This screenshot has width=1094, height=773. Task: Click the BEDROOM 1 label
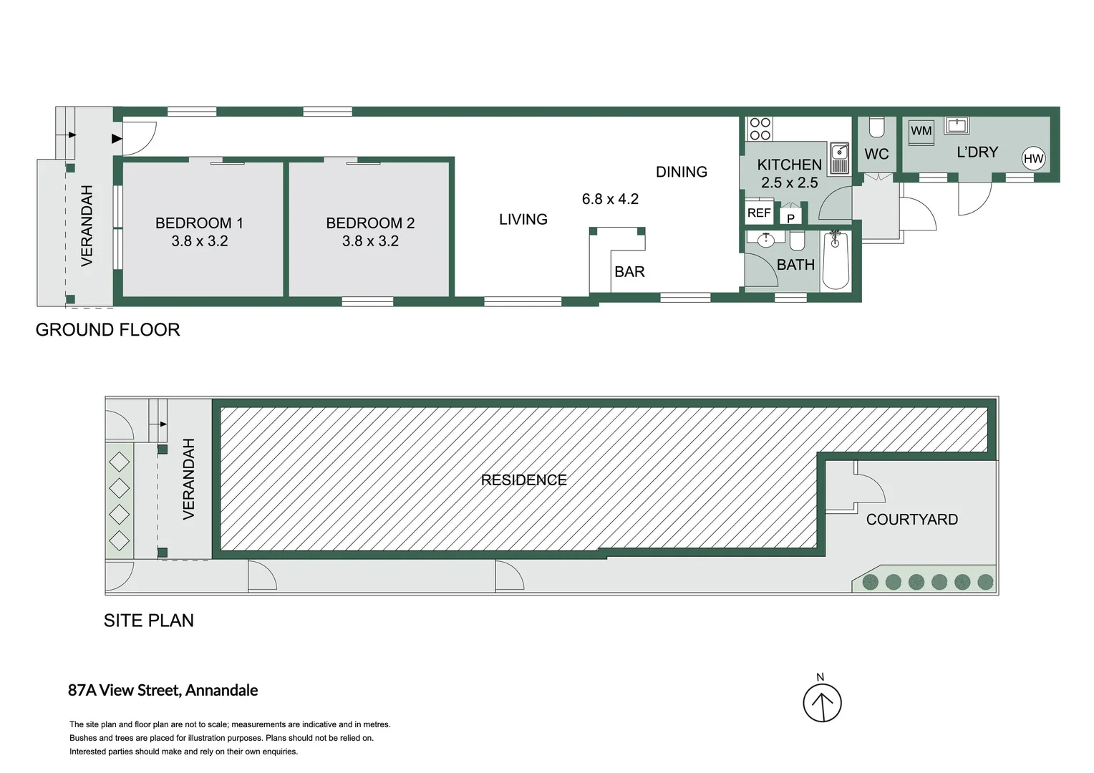coord(199,223)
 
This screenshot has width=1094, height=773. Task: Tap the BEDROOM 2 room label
coord(370,223)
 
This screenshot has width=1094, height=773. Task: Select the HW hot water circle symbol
coord(1033,159)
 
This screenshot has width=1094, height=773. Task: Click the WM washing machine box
coord(921,131)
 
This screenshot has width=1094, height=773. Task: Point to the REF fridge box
coord(759,213)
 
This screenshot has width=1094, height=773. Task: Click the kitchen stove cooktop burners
coord(760,129)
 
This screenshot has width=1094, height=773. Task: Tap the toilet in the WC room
coord(876,127)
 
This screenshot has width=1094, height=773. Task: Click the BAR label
coord(629,272)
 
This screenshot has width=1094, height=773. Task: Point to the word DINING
coord(681,172)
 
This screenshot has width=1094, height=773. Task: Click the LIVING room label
coord(523,220)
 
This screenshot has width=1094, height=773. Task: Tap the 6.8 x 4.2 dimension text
coord(610,199)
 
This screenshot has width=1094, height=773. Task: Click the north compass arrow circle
coord(821,703)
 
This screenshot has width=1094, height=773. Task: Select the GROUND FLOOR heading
coord(107,330)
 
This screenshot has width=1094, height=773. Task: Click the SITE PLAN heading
coord(148,621)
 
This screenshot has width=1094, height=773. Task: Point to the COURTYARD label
coord(911,520)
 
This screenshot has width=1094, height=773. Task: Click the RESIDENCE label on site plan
coord(523,480)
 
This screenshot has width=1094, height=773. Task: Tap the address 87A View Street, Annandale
coord(163,690)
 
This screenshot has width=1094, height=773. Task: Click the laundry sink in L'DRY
coord(957,126)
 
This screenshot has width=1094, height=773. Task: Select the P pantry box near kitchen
coord(790,218)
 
